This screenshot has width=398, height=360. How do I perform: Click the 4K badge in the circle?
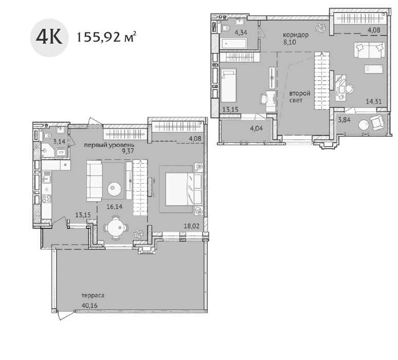point(49,38)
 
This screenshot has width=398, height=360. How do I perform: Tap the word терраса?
point(93,296)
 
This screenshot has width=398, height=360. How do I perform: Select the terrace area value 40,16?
point(89,305)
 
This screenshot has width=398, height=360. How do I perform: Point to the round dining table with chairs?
point(116,227)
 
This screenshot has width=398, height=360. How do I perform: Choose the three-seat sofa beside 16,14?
point(95,181)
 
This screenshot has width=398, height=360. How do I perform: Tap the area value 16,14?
point(114,207)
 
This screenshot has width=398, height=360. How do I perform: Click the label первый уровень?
point(109,145)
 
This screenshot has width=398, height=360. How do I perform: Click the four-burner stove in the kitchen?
point(46,199)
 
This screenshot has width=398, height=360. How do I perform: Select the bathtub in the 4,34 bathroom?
point(233,44)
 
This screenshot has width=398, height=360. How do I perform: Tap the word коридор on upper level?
point(296,35)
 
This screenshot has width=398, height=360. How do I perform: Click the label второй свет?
point(299,97)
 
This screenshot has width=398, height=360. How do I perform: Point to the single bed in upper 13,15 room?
point(228,86)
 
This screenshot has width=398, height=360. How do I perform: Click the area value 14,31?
point(374,101)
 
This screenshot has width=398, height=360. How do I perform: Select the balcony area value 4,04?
point(257,128)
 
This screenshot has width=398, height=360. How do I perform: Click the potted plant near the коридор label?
point(321,27)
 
